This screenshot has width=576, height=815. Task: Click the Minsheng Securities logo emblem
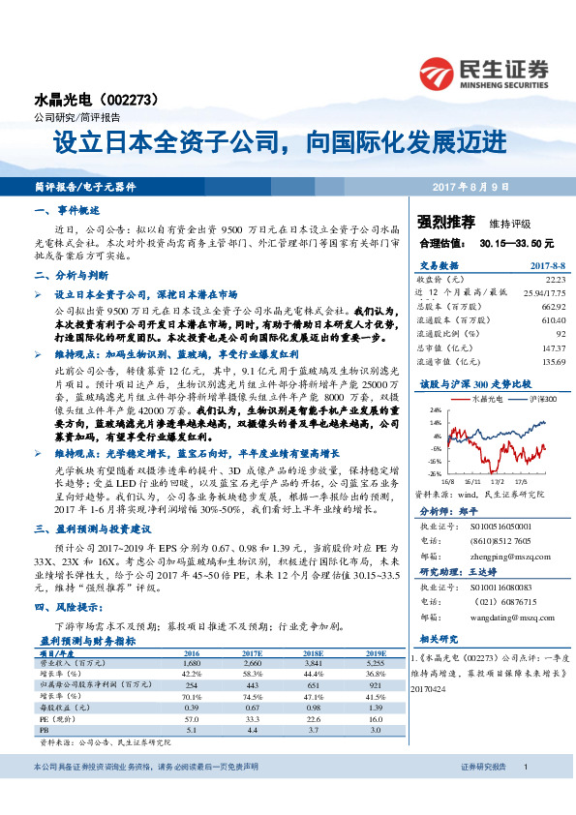click(x=437, y=74)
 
